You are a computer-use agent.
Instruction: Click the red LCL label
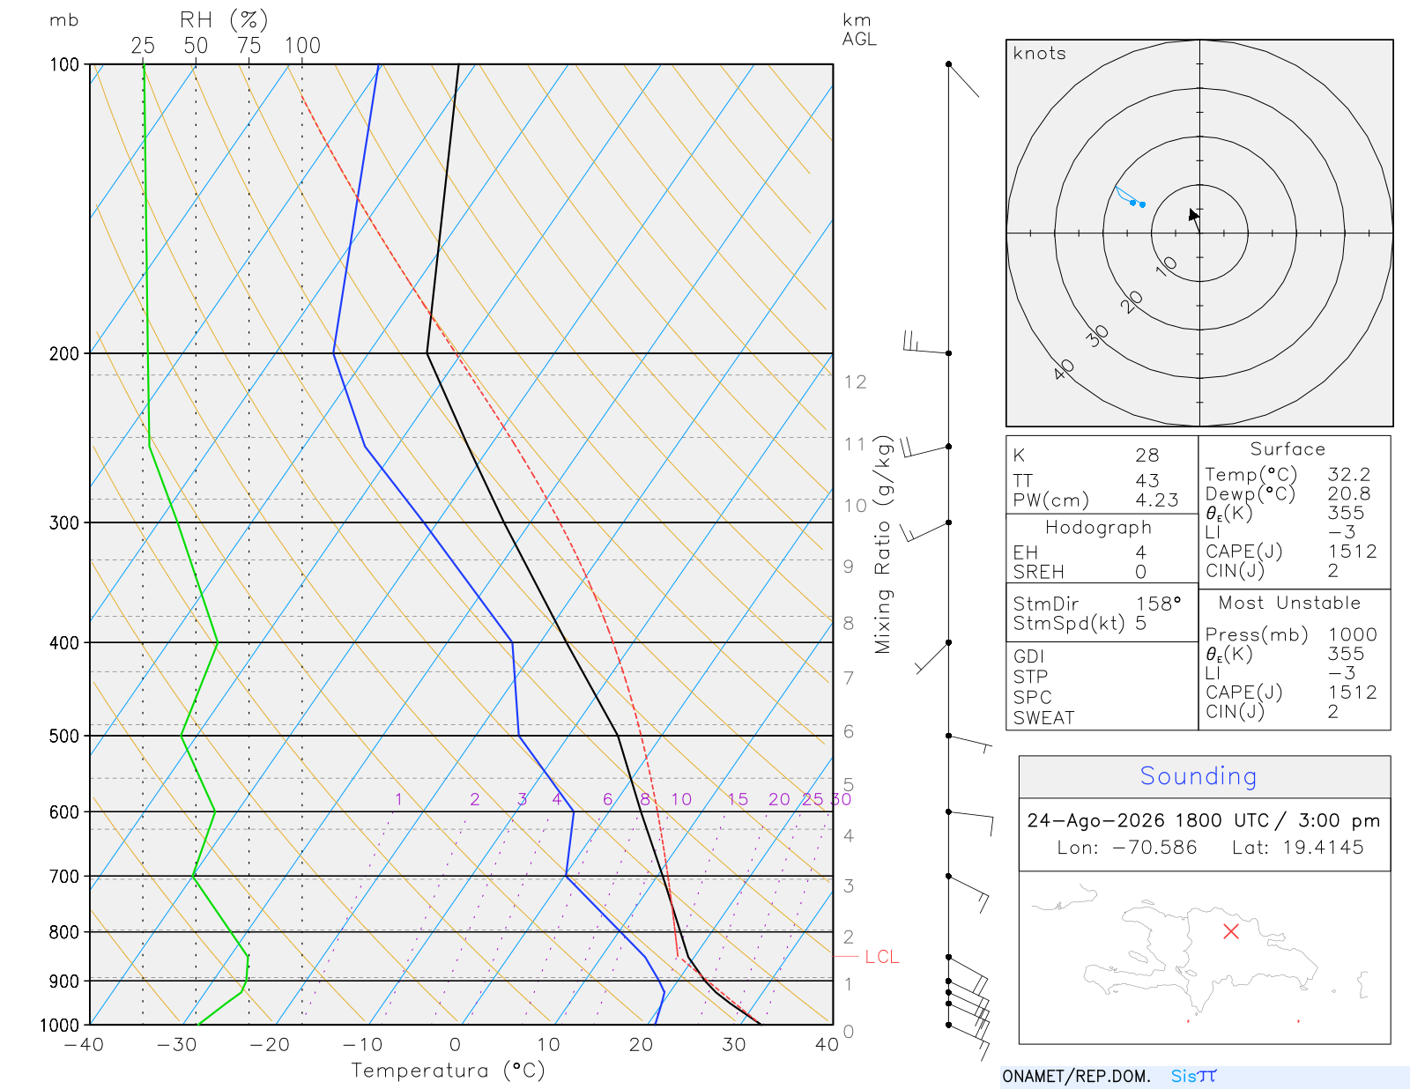click(x=881, y=957)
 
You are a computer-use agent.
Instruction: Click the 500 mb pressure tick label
click(x=63, y=737)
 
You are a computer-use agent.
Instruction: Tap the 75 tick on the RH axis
click(x=249, y=46)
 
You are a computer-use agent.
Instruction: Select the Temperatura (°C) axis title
click(x=448, y=1070)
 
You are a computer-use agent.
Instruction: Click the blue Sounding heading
click(x=1198, y=776)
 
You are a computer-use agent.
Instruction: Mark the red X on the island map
click(x=1230, y=931)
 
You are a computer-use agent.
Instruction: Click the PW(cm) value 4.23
click(x=1156, y=500)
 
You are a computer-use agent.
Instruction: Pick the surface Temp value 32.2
click(x=1348, y=474)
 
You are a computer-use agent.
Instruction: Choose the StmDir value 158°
click(x=1158, y=604)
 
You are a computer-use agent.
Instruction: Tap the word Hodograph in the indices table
click(x=1098, y=527)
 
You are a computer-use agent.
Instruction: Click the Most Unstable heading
click(x=1288, y=603)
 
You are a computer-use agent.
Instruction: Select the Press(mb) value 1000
click(x=1352, y=633)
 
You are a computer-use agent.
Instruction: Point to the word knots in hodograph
click(x=1039, y=53)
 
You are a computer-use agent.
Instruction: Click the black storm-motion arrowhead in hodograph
click(x=1192, y=215)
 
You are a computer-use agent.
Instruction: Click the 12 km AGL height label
click(x=855, y=382)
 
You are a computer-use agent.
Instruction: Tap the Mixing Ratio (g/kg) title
click(x=883, y=544)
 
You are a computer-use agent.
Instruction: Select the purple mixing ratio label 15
click(x=737, y=799)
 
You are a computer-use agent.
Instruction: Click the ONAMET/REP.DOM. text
click(x=1076, y=1076)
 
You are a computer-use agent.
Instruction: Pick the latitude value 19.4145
click(x=1323, y=847)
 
